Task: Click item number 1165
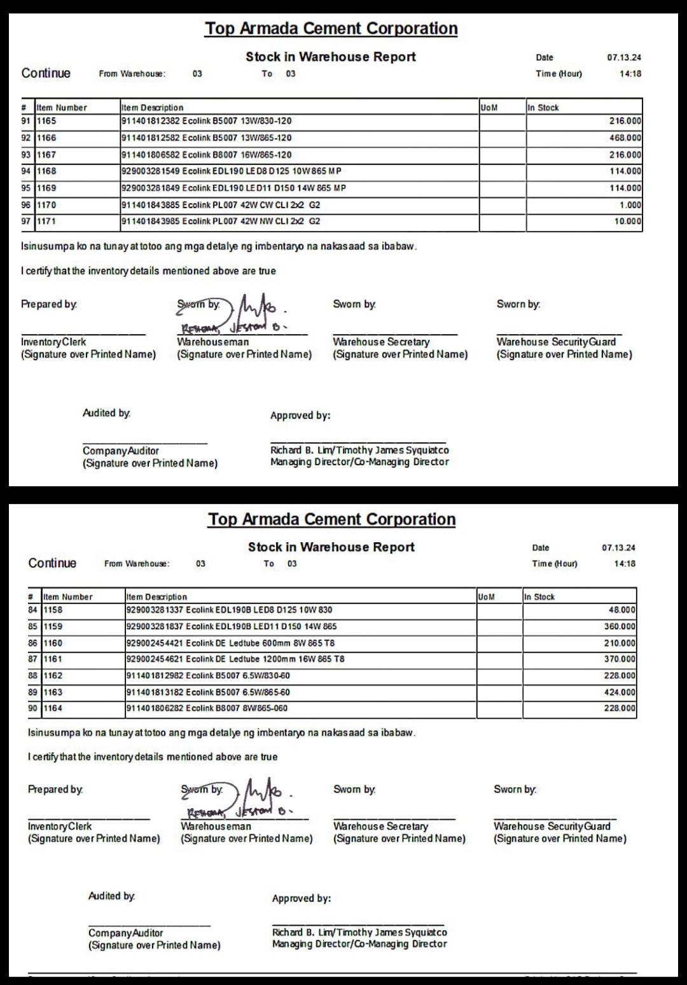pos(46,121)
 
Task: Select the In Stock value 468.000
pos(625,138)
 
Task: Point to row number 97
pos(26,221)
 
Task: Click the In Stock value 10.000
pos(627,221)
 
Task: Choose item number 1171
pos(46,221)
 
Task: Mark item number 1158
pos(53,610)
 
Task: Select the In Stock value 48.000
pos(621,610)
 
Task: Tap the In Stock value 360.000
pos(619,626)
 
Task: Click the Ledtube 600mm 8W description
pos(230,643)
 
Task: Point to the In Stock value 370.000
pos(619,659)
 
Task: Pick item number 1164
pos(53,708)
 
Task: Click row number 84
pos(33,610)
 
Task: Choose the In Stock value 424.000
pos(619,692)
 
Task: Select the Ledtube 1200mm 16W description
pos(235,659)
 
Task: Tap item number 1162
pos(53,676)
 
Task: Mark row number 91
pos(26,121)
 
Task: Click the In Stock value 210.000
pos(619,643)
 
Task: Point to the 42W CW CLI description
pos(221,205)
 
